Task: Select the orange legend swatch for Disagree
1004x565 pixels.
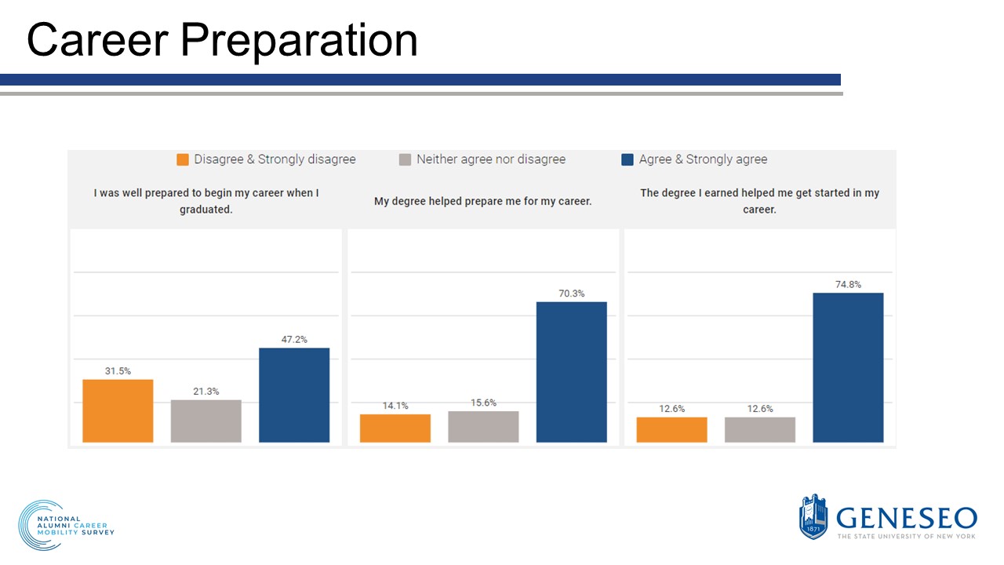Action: (x=183, y=159)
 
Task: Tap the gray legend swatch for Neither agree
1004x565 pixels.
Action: (x=405, y=159)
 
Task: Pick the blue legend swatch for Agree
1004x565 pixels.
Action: (x=627, y=159)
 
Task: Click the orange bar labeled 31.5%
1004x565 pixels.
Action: (x=118, y=410)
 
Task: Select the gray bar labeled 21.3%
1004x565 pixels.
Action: (x=206, y=421)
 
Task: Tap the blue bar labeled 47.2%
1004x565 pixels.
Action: (x=294, y=395)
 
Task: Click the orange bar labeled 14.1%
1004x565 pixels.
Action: (x=395, y=428)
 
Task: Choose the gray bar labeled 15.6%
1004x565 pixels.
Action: (x=483, y=426)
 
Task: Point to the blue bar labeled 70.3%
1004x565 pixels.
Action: (x=571, y=372)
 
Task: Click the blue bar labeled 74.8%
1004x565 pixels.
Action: (x=848, y=367)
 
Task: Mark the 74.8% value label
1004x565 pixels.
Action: (x=848, y=285)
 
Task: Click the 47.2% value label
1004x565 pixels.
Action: (x=294, y=340)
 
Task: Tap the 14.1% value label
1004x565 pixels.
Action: (x=395, y=406)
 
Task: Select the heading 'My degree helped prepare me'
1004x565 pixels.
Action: (x=482, y=202)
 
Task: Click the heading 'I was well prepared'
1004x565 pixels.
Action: (x=206, y=201)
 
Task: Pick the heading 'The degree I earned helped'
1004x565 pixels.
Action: (x=759, y=201)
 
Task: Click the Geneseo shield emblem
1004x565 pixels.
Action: (x=813, y=516)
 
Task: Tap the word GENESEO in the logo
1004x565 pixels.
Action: (x=907, y=518)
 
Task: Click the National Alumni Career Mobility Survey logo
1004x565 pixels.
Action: (x=67, y=525)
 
